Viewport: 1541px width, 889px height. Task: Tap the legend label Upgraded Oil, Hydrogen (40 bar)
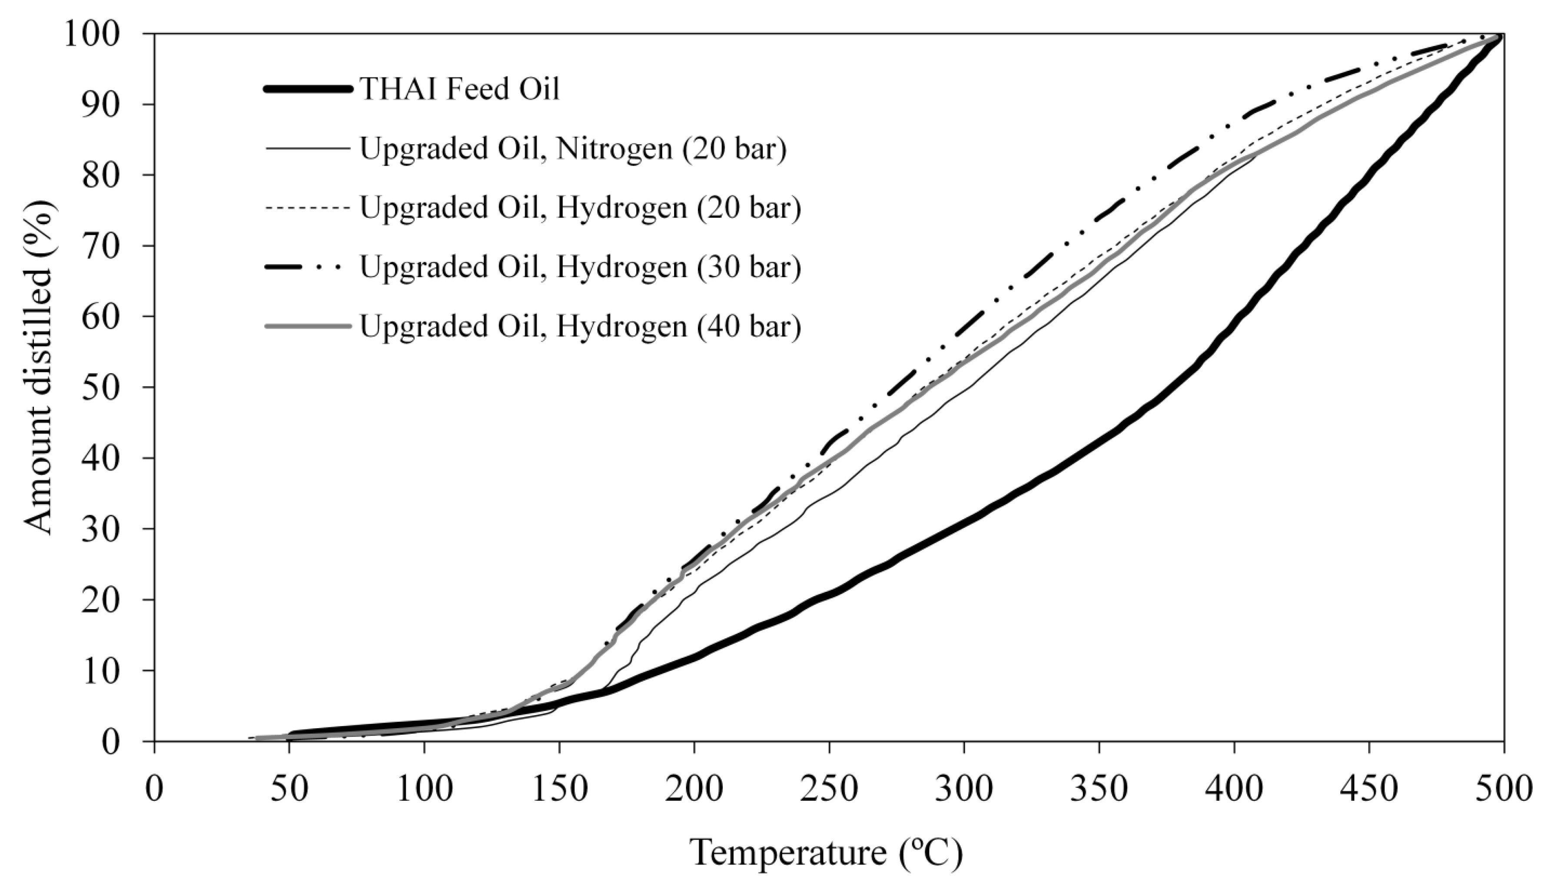pyautogui.click(x=580, y=327)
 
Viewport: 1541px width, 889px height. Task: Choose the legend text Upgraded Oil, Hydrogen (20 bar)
pyautogui.click(x=580, y=208)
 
